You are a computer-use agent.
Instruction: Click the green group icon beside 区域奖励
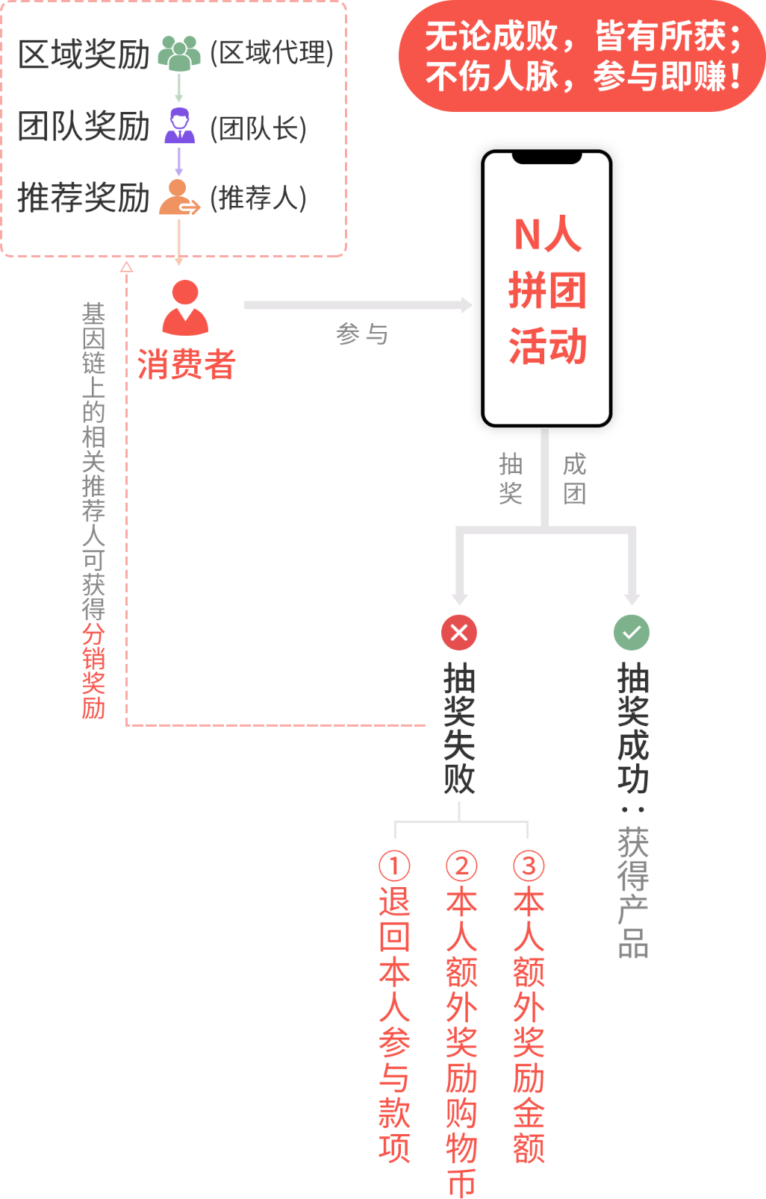pos(179,54)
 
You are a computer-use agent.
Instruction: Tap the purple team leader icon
pos(179,125)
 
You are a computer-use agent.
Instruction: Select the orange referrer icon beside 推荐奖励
pos(179,198)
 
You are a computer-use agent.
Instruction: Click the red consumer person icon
pos(185,307)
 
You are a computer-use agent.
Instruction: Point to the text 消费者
pos(186,364)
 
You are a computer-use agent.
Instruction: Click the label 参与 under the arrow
pos(362,334)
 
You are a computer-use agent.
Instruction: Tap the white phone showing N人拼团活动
pos(547,289)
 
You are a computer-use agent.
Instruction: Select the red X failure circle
pos(459,633)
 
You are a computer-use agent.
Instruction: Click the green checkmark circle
pos(632,633)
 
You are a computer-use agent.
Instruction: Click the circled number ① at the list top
pos(394,865)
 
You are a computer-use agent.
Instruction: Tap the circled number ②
pos(461,865)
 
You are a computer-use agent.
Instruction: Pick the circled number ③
pos(529,865)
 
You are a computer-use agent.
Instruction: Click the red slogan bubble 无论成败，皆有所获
pos(582,57)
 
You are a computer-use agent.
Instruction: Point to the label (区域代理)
pos(272,54)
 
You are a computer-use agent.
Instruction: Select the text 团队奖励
pos(84,125)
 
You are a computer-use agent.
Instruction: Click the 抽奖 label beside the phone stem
pos(511,478)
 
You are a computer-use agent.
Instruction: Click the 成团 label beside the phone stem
pos(575,478)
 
